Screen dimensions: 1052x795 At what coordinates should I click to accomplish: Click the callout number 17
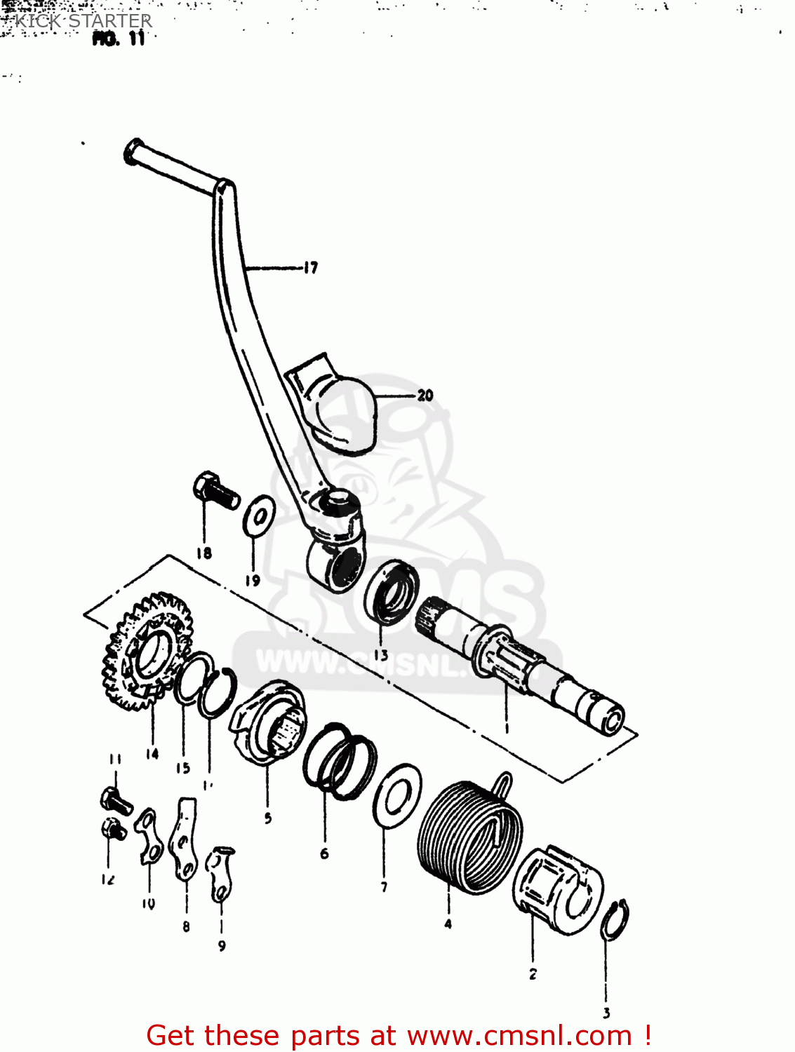tap(311, 267)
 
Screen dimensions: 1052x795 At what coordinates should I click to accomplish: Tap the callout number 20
tap(425, 396)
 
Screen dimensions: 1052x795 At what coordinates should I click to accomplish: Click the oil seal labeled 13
tap(391, 591)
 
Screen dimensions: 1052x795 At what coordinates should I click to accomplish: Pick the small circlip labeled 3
tap(615, 919)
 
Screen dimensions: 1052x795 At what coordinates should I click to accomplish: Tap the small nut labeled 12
tap(112, 830)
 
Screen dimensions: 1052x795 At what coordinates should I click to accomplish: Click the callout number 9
tap(222, 946)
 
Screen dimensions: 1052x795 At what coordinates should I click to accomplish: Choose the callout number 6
tap(324, 854)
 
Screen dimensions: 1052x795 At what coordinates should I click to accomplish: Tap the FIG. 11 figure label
tap(119, 39)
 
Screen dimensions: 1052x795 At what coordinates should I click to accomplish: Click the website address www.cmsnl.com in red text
tap(519, 1035)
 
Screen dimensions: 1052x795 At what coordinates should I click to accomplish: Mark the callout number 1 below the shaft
tap(507, 727)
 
